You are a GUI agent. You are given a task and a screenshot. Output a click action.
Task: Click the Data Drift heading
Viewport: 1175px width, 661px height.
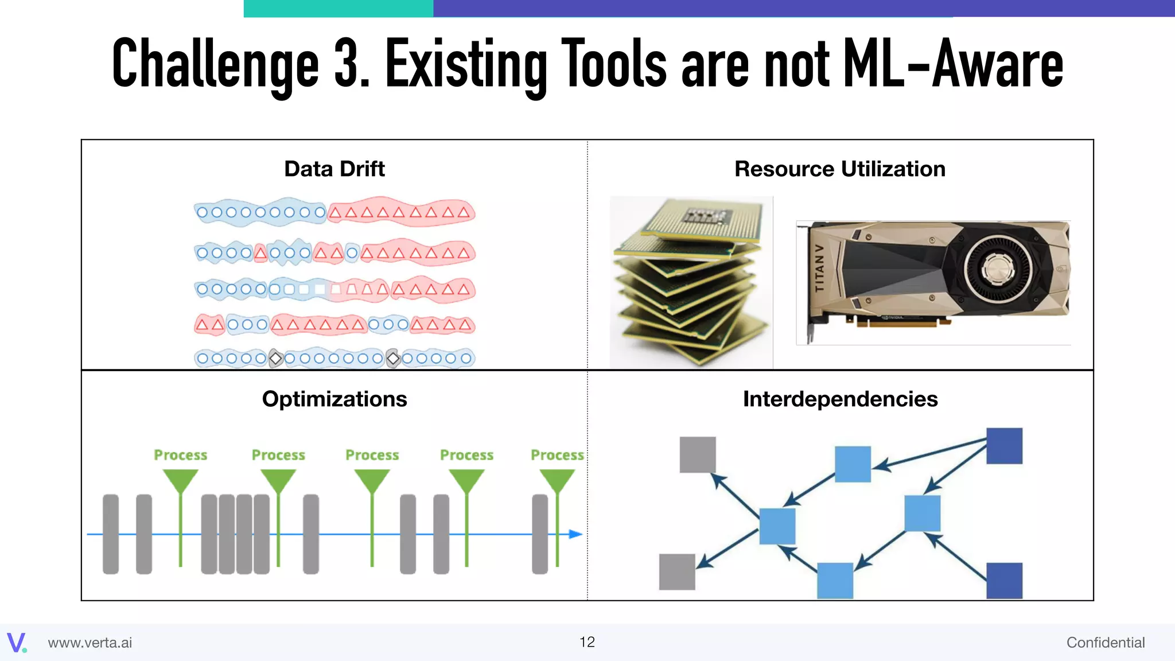pyautogui.click(x=334, y=169)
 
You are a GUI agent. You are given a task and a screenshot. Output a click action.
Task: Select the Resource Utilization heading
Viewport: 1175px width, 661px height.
pyautogui.click(x=839, y=169)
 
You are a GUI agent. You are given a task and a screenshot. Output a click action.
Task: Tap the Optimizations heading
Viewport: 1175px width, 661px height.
pyautogui.click(x=334, y=399)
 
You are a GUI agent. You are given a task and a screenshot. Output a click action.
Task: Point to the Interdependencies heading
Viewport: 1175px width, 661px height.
pyautogui.click(x=840, y=399)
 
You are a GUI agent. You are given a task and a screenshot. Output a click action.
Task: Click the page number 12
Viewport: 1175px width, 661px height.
pyautogui.click(x=587, y=642)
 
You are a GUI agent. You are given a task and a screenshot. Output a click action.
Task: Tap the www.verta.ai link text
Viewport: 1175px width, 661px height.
pyautogui.click(x=90, y=643)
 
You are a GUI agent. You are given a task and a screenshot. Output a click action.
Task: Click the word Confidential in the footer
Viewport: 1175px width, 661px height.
pyautogui.click(x=1105, y=643)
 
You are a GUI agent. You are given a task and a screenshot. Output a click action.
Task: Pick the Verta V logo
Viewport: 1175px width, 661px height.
pyautogui.click(x=16, y=643)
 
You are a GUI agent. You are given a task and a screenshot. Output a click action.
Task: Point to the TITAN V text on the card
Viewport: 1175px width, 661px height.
pyautogui.click(x=820, y=268)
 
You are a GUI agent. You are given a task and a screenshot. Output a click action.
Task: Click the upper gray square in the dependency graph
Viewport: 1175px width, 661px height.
pyautogui.click(x=697, y=454)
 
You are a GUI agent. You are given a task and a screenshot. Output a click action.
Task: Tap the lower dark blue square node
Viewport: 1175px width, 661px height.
pyautogui.click(x=1004, y=581)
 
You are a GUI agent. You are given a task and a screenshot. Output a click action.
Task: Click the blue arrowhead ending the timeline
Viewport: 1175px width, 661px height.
pyautogui.click(x=575, y=534)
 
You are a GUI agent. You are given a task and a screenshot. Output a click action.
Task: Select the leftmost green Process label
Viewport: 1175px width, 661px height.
pyautogui.click(x=180, y=455)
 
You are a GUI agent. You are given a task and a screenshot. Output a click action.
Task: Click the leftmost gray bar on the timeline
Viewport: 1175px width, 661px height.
pyautogui.click(x=111, y=534)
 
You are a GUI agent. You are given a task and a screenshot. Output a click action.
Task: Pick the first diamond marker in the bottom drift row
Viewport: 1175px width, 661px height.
pyautogui.click(x=276, y=359)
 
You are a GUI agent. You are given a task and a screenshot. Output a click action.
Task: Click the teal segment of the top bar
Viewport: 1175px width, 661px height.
pyautogui.click(x=338, y=8)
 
